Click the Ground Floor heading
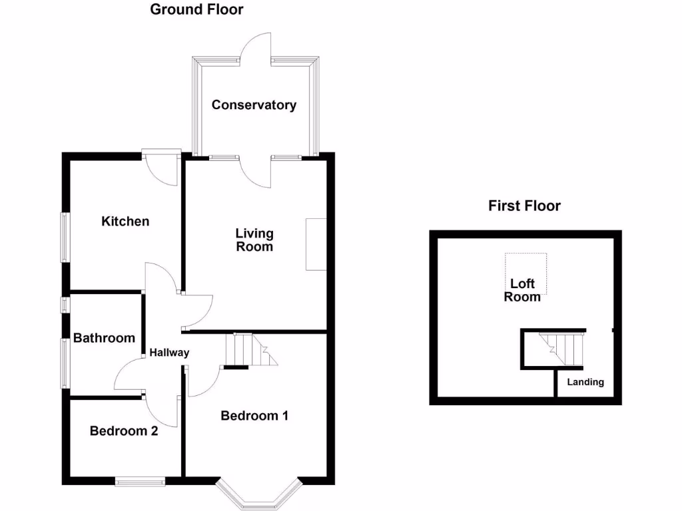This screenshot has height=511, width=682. tap(196, 9)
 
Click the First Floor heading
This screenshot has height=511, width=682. tap(524, 206)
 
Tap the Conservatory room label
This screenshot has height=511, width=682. tap(254, 105)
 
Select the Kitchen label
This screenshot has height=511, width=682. tap(125, 221)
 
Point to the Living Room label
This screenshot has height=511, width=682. tap(254, 240)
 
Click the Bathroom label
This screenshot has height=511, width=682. tap(104, 338)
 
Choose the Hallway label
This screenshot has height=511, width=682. tap(169, 353)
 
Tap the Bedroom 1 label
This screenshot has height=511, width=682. tap(254, 416)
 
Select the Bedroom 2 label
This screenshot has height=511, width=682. tap(124, 430)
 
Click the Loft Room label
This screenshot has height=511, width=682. tap(522, 291)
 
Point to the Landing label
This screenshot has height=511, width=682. tap(585, 382)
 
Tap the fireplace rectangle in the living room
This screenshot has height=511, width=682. tap(316, 244)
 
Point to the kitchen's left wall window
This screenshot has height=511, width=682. tap(65, 237)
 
